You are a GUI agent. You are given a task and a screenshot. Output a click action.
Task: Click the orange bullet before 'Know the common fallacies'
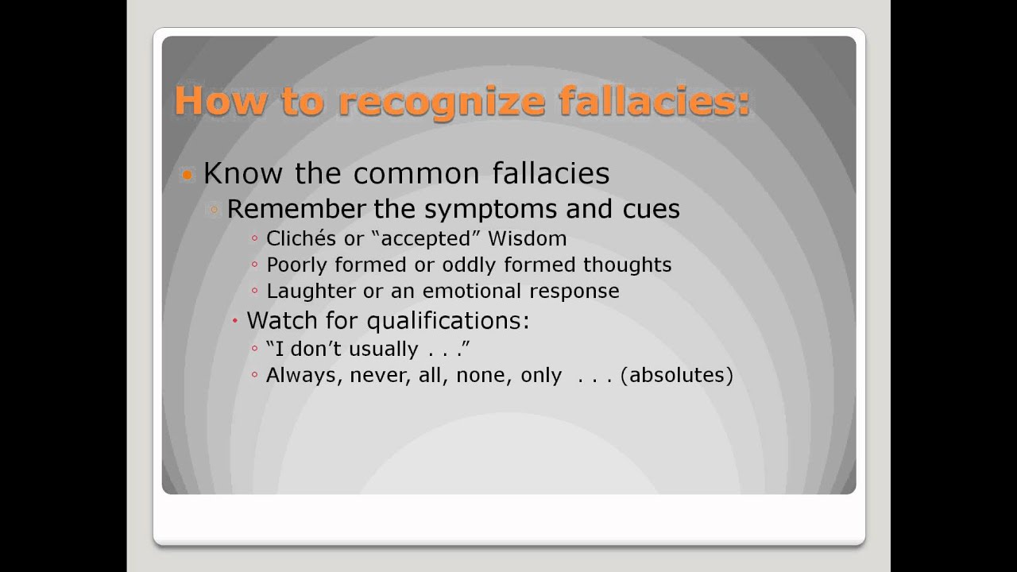click(x=188, y=175)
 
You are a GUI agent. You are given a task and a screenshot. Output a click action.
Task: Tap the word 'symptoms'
click(x=490, y=210)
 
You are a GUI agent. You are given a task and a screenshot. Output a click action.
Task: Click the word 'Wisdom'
click(x=528, y=238)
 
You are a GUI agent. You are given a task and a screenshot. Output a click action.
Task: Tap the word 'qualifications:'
click(x=448, y=321)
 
